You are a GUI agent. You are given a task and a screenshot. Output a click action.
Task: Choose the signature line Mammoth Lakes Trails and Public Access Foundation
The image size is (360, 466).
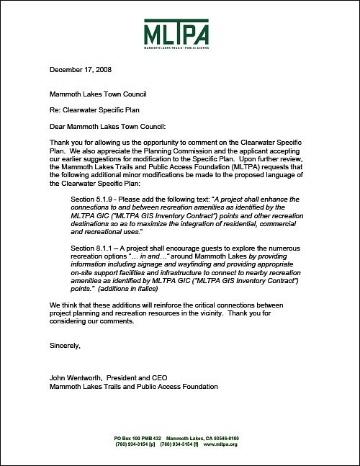(133, 386)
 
